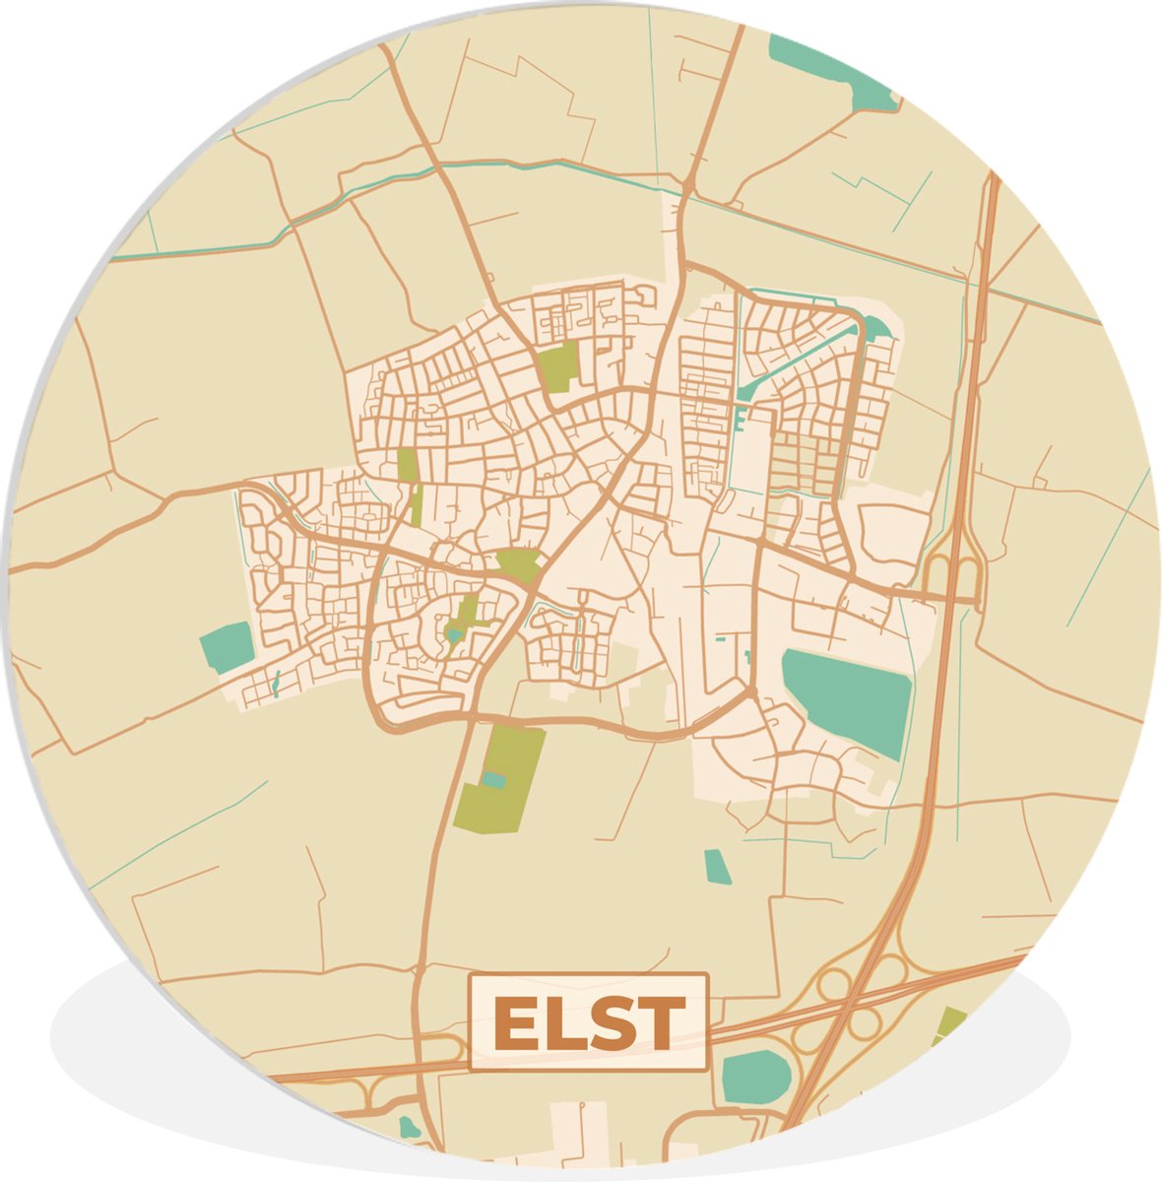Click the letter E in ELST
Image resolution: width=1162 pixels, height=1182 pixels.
click(x=515, y=1024)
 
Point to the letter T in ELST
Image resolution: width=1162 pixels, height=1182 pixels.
click(x=661, y=1024)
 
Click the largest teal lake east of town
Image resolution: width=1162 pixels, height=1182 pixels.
click(x=848, y=698)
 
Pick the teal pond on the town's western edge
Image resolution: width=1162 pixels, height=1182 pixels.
click(x=226, y=647)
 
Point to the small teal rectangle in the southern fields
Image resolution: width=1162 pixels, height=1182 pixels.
click(x=718, y=866)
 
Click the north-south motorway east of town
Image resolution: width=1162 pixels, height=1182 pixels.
click(x=960, y=492)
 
